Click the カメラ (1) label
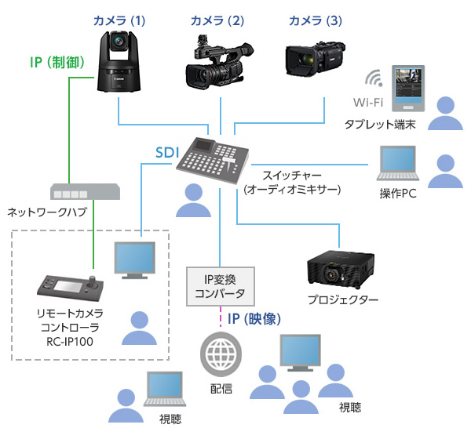(x=118, y=20)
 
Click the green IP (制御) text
(x=54, y=60)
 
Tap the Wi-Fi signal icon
(x=374, y=79)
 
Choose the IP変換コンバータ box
(x=219, y=286)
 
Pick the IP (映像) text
(x=254, y=319)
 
